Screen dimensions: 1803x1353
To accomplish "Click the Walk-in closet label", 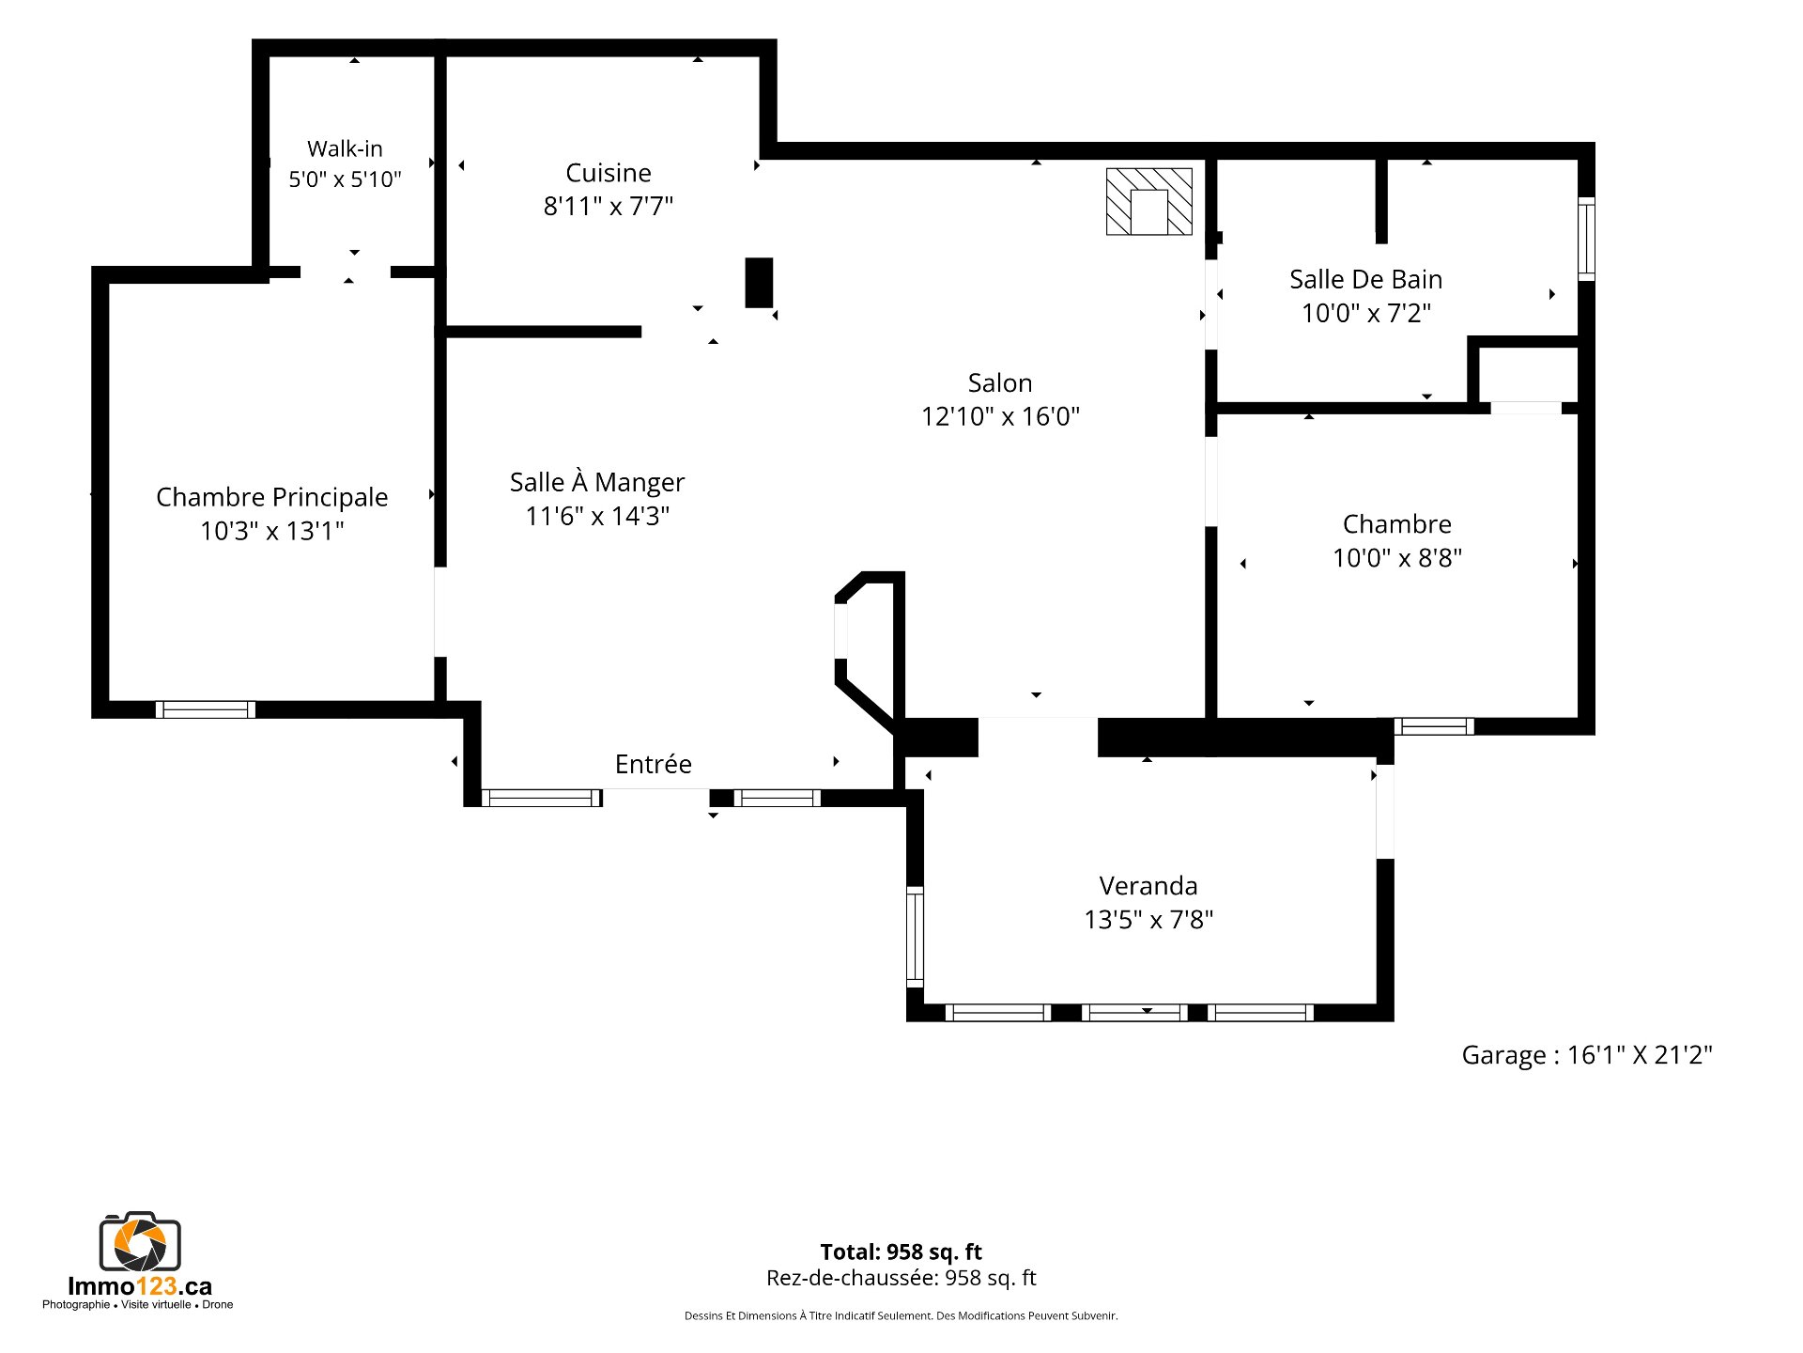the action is (345, 148).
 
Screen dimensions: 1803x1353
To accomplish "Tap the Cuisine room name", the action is (609, 173).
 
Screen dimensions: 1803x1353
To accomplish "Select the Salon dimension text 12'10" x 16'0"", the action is (1000, 416).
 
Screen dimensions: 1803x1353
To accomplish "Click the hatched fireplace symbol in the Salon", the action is (1148, 201).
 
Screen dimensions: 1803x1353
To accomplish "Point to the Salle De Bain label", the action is (1365, 279).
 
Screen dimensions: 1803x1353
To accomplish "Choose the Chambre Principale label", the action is (271, 497).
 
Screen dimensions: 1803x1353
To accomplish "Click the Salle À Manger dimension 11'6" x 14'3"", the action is (597, 516).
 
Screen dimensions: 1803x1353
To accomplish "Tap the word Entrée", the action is (653, 764).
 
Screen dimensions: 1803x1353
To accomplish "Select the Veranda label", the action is (1148, 886).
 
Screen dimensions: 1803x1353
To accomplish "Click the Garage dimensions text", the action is (1587, 1055).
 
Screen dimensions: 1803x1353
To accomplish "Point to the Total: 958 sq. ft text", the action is (901, 1252).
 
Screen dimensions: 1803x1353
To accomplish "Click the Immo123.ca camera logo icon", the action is (140, 1241).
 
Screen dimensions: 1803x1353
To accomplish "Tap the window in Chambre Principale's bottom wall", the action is (206, 709).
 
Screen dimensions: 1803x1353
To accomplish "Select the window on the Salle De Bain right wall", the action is (1586, 239).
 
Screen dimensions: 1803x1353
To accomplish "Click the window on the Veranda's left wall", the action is (915, 937).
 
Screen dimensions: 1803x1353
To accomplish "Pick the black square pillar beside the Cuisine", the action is (759, 283).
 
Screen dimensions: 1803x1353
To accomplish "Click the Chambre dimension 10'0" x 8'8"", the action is (1397, 558).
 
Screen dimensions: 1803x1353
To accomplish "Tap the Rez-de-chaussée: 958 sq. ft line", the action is (901, 1278).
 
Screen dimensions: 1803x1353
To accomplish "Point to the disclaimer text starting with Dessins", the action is (901, 1315).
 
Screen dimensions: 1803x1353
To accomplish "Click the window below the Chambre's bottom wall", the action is (1434, 726).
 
